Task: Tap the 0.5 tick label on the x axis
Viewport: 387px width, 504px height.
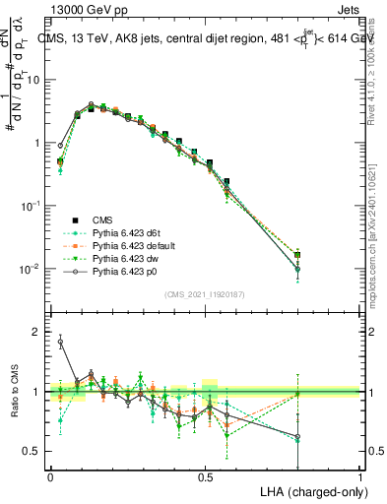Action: [x=205, y=475]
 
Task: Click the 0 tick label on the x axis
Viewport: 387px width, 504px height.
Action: [x=50, y=475]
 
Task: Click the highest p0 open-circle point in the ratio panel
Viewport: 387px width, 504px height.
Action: [x=60, y=343]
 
